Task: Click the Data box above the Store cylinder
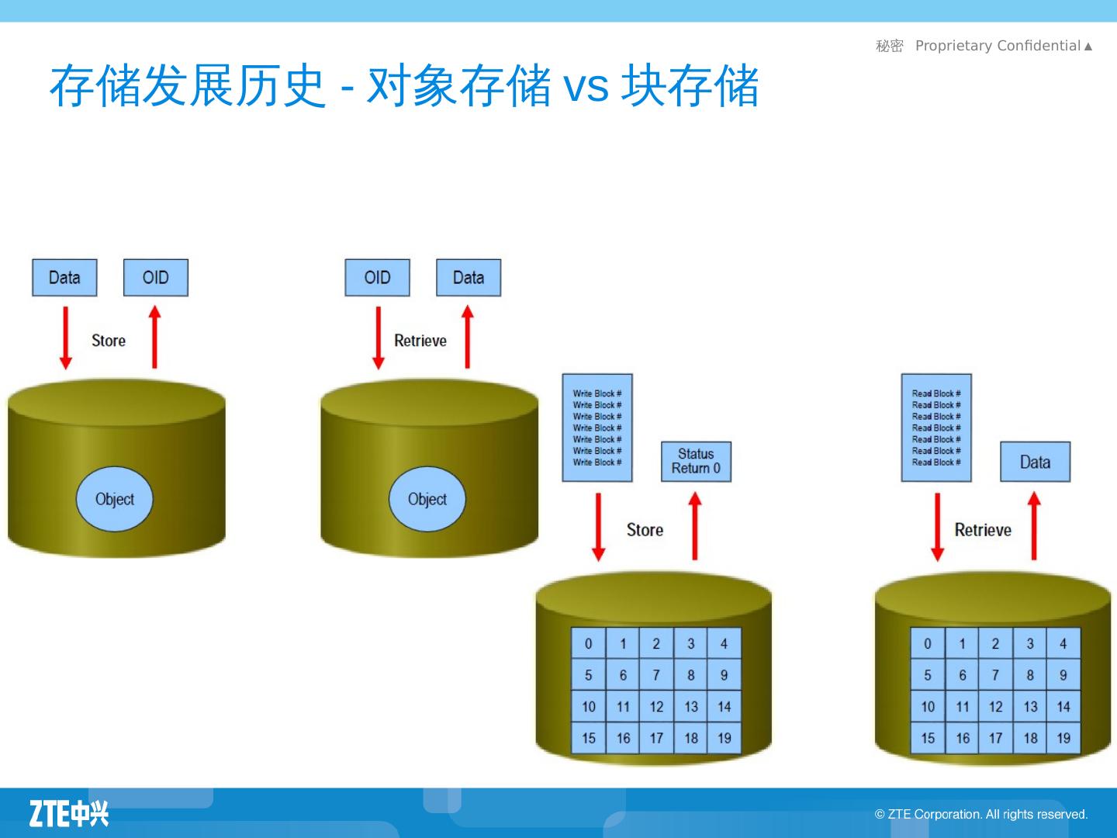pos(64,278)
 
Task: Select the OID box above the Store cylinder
pos(155,278)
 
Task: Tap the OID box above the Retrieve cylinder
pos(377,278)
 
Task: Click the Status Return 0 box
pos(696,461)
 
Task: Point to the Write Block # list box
pos(597,428)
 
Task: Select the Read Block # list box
pos(935,428)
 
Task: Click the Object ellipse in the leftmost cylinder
pos(114,499)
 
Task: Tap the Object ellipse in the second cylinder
pos(427,499)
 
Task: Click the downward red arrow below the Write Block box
pos(598,527)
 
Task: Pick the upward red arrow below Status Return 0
pos(695,527)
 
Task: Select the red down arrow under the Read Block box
pos(937,527)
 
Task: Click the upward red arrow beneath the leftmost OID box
pos(154,338)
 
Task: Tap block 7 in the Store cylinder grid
pos(656,675)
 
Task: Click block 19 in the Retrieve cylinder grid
pos(1063,738)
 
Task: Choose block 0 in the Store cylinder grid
pos(588,644)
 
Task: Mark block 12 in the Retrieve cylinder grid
pos(995,707)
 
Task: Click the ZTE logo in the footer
pos(69,813)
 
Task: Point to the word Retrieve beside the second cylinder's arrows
pos(420,341)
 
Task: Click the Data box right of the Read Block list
pos(1035,462)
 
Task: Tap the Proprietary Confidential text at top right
pos(998,46)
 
